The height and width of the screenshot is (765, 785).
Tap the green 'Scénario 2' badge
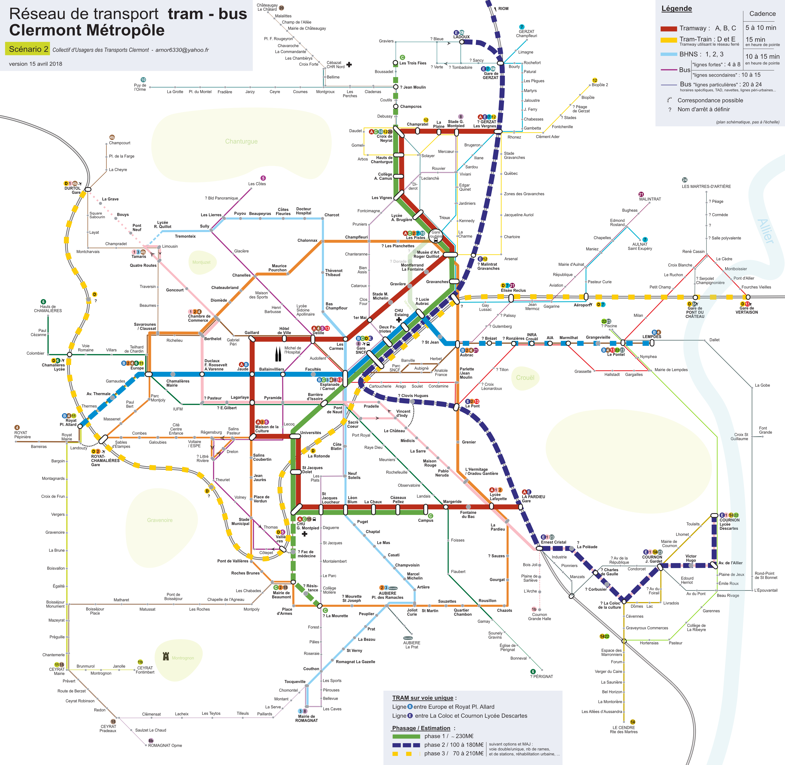click(27, 49)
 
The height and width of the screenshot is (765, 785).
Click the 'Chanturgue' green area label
click(241, 142)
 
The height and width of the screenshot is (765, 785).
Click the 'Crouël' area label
click(525, 378)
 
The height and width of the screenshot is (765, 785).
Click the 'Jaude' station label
click(243, 369)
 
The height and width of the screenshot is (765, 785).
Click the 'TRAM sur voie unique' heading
click(424, 698)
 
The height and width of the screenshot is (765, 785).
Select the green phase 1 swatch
click(406, 736)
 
